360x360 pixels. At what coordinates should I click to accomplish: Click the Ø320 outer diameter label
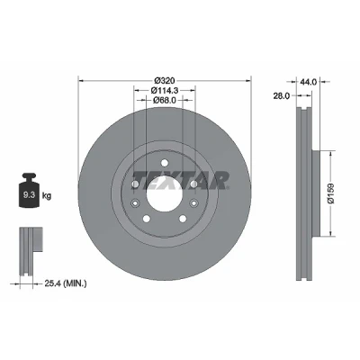[x=164, y=81]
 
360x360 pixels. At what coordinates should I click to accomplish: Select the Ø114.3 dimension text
[x=165, y=90]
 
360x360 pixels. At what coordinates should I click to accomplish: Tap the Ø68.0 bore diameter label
[x=164, y=101]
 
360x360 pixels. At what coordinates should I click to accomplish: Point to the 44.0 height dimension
[x=309, y=82]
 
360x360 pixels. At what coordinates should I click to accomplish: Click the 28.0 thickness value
[x=281, y=95]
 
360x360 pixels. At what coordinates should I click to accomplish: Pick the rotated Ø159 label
[x=331, y=193]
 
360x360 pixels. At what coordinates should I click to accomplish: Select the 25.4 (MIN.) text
[x=66, y=283]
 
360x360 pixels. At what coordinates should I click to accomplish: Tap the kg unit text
[x=47, y=196]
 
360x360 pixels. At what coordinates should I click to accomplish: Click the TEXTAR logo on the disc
[x=180, y=181]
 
